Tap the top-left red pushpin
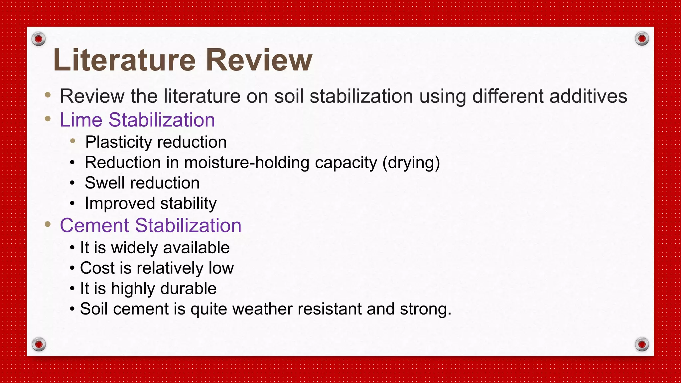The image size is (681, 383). click(39, 39)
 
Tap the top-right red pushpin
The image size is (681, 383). click(642, 39)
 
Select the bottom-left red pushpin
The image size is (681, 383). click(39, 344)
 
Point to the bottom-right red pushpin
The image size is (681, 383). click(642, 344)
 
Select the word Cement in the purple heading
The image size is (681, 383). click(94, 225)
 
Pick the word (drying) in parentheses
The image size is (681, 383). click(411, 163)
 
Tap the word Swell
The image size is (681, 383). click(105, 183)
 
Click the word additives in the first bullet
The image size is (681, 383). click(588, 96)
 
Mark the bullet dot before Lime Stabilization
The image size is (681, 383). click(48, 118)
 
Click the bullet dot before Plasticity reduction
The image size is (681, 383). click(73, 141)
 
